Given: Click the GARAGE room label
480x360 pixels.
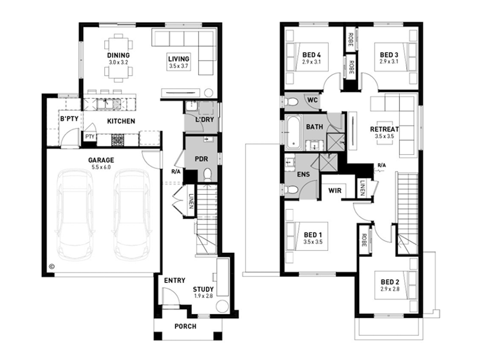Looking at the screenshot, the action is (x=101, y=160).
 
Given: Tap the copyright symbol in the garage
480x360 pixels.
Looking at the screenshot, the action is (x=52, y=266).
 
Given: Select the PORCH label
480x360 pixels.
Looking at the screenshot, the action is (x=185, y=326).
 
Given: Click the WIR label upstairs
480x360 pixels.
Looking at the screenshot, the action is (x=335, y=191).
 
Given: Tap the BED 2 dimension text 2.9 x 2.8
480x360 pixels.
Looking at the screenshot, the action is (x=390, y=289).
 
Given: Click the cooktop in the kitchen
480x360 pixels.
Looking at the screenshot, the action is (x=118, y=140).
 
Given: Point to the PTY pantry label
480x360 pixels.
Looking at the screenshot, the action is (x=90, y=136).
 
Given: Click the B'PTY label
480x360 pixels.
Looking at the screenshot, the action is (x=69, y=119).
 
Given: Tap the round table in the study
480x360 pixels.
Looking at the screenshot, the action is (x=222, y=306).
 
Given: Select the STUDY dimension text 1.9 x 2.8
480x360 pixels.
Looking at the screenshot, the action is (x=203, y=296).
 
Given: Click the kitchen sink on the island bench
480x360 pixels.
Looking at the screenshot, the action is (x=108, y=104).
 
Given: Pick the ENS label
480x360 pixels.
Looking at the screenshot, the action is (x=303, y=175).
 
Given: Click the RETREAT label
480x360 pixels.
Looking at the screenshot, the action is (x=384, y=129).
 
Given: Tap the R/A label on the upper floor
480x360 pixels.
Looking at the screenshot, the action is (x=382, y=165).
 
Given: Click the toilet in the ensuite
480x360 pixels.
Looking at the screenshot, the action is (x=291, y=190).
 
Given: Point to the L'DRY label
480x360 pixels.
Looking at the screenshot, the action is (x=204, y=120).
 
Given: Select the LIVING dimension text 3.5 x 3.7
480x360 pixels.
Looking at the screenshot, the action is (x=179, y=66).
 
